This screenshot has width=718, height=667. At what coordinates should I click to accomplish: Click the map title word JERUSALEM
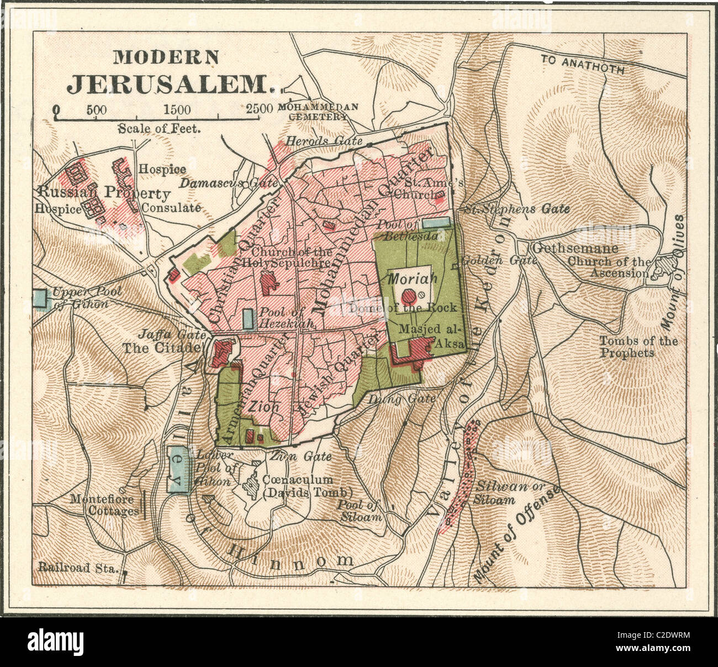click(x=171, y=83)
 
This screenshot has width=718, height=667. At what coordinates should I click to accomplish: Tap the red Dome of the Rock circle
click(x=409, y=296)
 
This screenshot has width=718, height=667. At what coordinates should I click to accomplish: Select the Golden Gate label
click(x=499, y=260)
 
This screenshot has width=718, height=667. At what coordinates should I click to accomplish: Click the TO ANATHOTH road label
click(x=583, y=64)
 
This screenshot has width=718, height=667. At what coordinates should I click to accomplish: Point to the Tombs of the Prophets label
click(x=638, y=346)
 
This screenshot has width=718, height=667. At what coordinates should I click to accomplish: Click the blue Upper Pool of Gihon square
click(x=40, y=299)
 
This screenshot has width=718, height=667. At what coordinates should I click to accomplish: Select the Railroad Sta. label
click(x=78, y=566)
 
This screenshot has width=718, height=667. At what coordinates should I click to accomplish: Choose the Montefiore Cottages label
click(x=104, y=505)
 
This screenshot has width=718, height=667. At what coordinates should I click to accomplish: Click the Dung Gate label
click(x=402, y=398)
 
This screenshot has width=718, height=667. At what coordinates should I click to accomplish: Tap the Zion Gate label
click(x=300, y=456)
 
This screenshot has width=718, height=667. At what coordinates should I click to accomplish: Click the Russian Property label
click(x=104, y=193)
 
